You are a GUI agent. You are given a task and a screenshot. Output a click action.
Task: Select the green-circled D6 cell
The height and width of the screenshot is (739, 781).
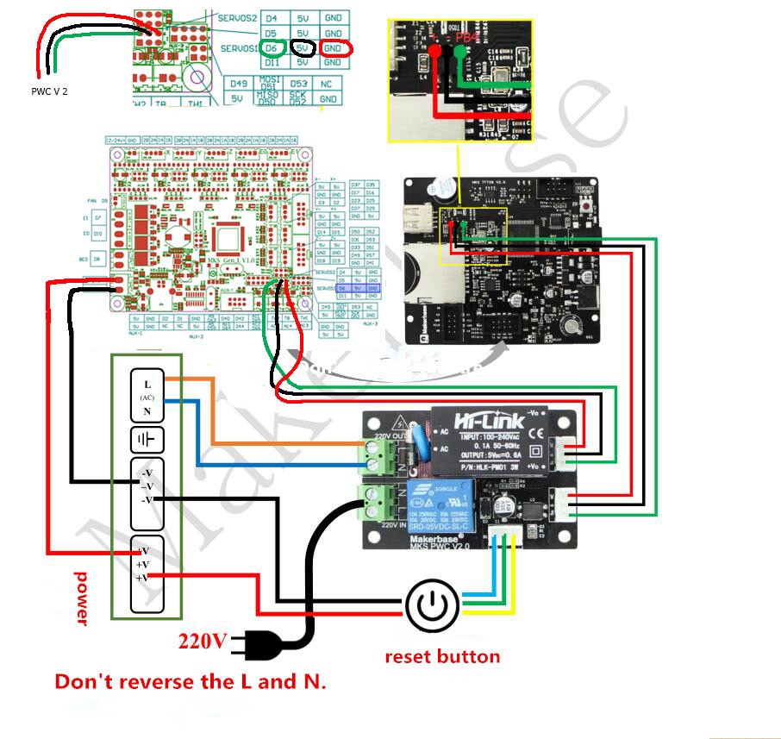[x=272, y=47]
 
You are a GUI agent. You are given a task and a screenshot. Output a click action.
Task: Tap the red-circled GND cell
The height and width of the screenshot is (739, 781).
[x=333, y=48]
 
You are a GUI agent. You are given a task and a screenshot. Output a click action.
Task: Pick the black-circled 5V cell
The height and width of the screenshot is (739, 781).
[x=302, y=47]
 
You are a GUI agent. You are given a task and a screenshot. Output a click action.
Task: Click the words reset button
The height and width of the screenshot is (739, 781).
[x=441, y=657]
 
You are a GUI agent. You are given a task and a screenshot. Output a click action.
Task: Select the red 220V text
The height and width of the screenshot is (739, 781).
[x=203, y=641]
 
